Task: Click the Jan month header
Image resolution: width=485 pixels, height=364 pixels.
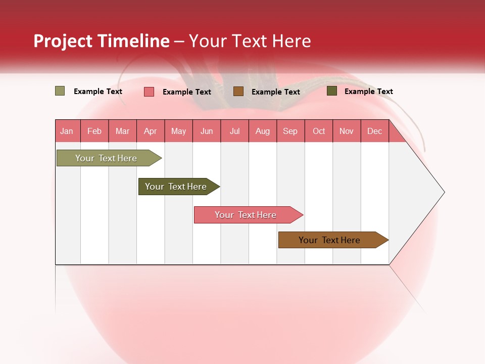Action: (x=67, y=131)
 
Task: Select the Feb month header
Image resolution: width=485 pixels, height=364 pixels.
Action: (x=94, y=131)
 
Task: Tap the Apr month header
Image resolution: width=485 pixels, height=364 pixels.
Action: (x=151, y=131)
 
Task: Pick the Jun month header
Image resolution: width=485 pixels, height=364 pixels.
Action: (x=207, y=131)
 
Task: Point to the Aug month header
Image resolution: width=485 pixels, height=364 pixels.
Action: (x=263, y=131)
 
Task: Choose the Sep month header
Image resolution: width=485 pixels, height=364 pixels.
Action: (x=290, y=131)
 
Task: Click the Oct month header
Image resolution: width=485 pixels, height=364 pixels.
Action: (x=319, y=131)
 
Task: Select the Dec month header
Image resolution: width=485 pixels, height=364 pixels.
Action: (x=375, y=131)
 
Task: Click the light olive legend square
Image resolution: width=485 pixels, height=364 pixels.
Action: (x=60, y=91)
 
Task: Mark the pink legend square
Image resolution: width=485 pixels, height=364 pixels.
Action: (x=149, y=92)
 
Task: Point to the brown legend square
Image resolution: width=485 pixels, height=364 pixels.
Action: (x=238, y=91)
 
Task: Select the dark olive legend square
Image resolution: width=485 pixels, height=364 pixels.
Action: (x=332, y=91)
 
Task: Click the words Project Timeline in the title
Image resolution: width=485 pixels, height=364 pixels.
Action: (x=102, y=41)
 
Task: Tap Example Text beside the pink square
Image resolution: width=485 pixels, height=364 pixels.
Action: (x=187, y=92)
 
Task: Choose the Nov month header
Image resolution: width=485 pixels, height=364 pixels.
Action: (x=347, y=131)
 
